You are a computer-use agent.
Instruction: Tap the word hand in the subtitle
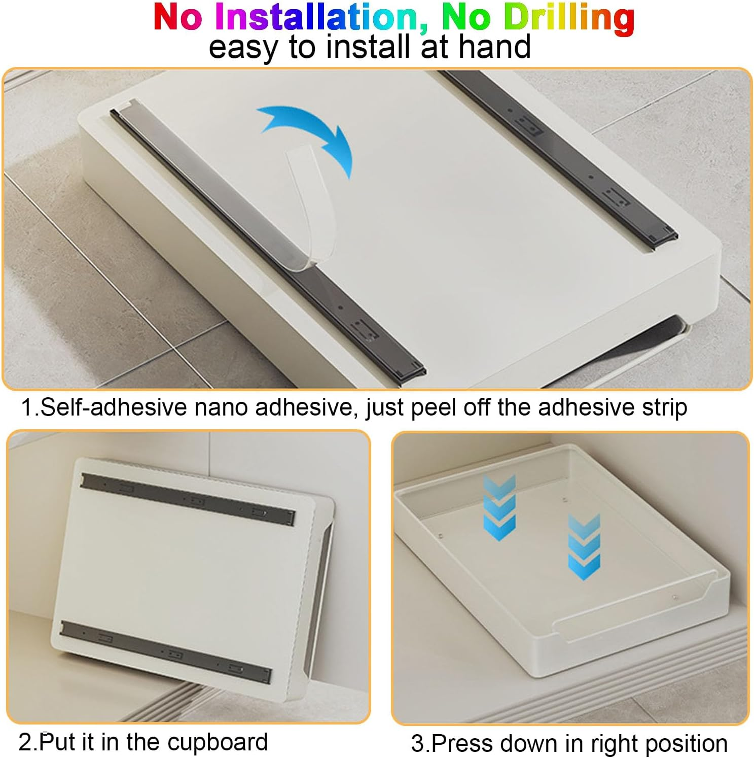click(494, 47)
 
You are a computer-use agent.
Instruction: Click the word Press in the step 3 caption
click(464, 744)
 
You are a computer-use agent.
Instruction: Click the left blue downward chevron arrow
click(499, 507)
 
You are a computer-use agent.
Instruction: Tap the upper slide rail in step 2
click(188, 500)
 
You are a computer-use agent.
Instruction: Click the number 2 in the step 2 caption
click(25, 743)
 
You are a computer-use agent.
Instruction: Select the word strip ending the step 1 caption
click(664, 408)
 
